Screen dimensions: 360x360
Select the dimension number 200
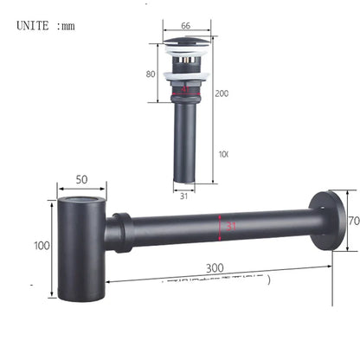tap(222, 93)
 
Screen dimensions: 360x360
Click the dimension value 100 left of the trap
tap(42, 246)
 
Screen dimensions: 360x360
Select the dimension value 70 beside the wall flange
tap(352, 221)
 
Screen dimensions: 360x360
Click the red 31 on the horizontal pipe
tap(230, 226)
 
